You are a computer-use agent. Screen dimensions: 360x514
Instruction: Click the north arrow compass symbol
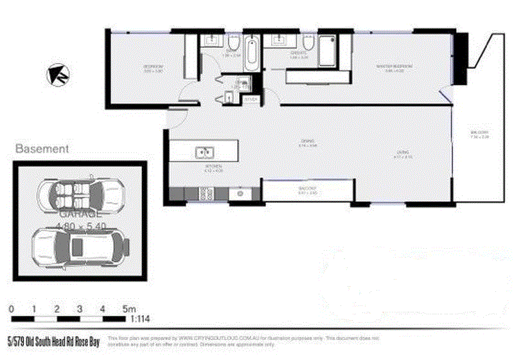(55, 75)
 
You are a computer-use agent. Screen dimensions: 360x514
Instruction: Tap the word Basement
(42, 148)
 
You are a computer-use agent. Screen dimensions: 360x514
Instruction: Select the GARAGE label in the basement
(79, 213)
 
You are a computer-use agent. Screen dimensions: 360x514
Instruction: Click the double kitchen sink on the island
(205, 152)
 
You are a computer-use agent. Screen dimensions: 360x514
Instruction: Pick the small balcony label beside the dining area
(308, 190)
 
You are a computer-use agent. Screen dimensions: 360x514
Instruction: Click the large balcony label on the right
(479, 134)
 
